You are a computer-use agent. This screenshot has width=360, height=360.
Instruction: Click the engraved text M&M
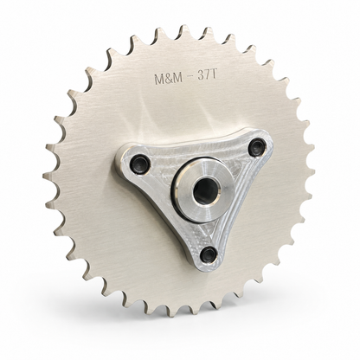pos(169,78)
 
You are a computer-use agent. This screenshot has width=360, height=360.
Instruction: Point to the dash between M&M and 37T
pos(190,77)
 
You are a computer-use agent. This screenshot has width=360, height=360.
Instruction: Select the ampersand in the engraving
pos(169,78)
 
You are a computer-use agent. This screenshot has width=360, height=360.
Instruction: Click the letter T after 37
pos(214,75)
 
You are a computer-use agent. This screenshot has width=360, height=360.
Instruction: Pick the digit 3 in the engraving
pos(201,76)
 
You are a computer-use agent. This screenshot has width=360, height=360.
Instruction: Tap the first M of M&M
pos(159,79)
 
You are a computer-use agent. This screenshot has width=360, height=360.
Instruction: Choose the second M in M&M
pos(178,78)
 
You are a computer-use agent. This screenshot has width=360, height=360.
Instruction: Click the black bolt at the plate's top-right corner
pos(257,144)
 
